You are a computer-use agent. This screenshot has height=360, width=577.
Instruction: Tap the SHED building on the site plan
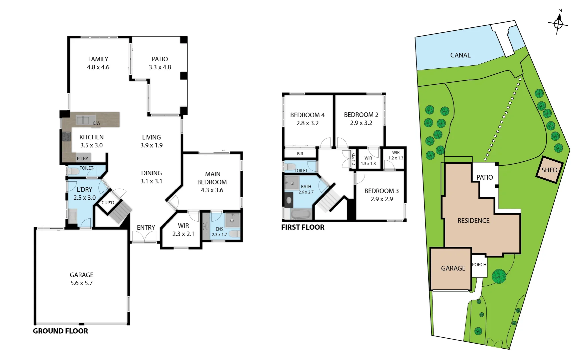549,170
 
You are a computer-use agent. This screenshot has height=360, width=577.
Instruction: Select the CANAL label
460,55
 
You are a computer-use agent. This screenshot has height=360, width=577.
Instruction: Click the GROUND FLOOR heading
60,331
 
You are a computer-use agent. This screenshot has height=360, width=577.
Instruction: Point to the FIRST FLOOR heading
303,227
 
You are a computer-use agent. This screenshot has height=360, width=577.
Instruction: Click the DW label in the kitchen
97,123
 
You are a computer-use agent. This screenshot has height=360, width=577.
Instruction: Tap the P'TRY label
82,159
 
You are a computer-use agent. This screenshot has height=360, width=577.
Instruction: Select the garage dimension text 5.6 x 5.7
81,283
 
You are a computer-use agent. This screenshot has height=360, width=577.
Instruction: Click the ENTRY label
146,227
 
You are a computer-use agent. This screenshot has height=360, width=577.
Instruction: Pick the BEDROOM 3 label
381,191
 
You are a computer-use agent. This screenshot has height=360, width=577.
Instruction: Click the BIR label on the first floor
300,154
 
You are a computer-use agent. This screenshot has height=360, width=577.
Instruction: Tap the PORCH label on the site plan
479,265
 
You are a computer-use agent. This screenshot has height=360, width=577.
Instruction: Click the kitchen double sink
83,120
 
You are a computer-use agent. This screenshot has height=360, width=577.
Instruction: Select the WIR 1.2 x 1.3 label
396,155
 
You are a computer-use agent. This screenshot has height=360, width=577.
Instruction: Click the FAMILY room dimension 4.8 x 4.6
98,67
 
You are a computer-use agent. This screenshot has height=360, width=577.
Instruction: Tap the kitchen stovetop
67,137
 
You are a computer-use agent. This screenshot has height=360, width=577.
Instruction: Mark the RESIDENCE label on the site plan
473,221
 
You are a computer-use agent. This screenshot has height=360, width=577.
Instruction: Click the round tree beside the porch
499,276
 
